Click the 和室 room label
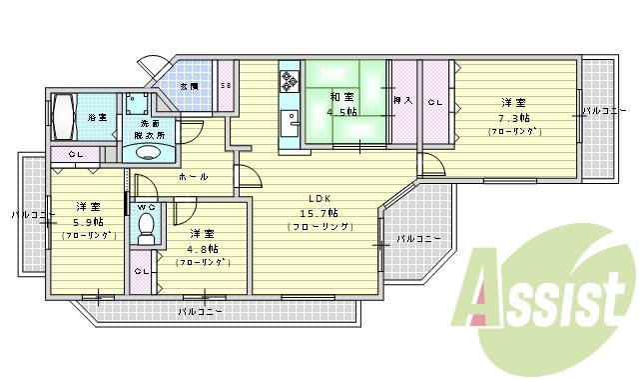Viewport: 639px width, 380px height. coord(341,97)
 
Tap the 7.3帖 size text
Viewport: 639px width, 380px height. coord(513,117)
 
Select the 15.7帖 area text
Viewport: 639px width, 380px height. coord(319,213)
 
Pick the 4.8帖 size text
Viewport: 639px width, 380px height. coord(202,248)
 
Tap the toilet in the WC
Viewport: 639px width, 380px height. coord(146,226)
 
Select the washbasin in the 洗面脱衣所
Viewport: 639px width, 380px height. coord(147,153)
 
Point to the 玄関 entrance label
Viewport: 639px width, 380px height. coord(189,87)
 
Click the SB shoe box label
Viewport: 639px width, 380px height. coord(227,87)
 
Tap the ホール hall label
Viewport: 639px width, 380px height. coord(194,177)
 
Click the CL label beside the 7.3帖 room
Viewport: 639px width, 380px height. coord(434,102)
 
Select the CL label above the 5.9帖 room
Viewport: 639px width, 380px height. coord(75,154)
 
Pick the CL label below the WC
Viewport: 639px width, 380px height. coord(142,271)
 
